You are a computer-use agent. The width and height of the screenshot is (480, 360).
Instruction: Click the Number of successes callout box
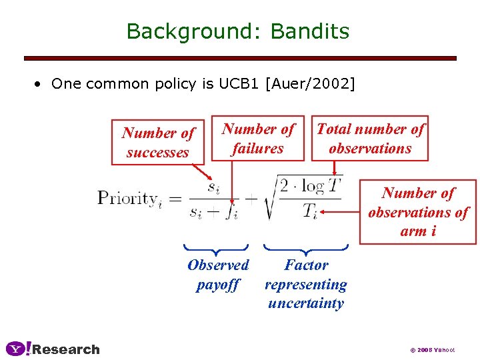pyautogui.click(x=158, y=143)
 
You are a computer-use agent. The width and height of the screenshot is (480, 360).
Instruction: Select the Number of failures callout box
pyautogui.click(x=258, y=139)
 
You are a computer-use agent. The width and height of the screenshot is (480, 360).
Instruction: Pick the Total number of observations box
pyautogui.click(x=370, y=139)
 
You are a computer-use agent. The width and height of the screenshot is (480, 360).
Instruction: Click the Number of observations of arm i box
pyautogui.click(x=418, y=212)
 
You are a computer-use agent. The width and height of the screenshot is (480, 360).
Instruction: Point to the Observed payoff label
pyautogui.click(x=218, y=275)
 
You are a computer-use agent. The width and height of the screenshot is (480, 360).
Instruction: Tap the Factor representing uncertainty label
pyautogui.click(x=306, y=284)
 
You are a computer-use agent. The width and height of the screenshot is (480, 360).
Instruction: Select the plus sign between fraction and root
pyautogui.click(x=252, y=198)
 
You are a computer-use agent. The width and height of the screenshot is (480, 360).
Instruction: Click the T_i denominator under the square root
pyautogui.click(x=310, y=211)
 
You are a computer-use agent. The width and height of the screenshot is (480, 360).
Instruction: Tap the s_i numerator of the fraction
pyautogui.click(x=213, y=187)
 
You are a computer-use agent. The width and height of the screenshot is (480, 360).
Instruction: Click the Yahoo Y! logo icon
pyautogui.click(x=18, y=349)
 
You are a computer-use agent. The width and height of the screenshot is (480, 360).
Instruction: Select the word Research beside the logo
pyautogui.click(x=66, y=349)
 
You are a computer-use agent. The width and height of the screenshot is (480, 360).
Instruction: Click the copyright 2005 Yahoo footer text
pyautogui.click(x=432, y=350)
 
